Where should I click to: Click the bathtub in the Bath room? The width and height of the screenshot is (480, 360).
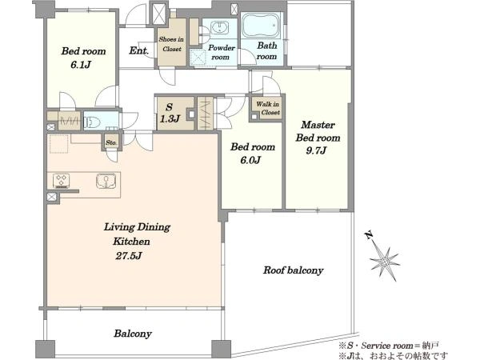[x=261, y=25]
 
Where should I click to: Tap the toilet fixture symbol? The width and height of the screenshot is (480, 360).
[x=92, y=122]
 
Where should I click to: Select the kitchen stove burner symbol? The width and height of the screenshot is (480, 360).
[x=62, y=181]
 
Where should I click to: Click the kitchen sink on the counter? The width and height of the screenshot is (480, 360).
[x=106, y=181]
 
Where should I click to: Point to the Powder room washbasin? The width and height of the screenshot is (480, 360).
[x=219, y=27]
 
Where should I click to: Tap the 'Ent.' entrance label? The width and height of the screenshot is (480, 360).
[x=138, y=50]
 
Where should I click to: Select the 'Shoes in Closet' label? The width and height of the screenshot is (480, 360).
[x=171, y=44]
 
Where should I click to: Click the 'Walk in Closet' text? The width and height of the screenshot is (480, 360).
[x=267, y=108]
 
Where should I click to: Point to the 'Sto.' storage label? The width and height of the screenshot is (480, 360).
[x=111, y=142]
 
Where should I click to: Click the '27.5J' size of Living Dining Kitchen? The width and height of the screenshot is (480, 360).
[x=129, y=256]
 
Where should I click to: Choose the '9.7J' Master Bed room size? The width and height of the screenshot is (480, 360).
[x=316, y=150]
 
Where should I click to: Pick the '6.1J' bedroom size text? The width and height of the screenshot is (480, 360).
[x=81, y=65]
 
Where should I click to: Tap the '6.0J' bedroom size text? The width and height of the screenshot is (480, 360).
[x=250, y=160]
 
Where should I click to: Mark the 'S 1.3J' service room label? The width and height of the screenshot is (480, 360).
[x=170, y=113]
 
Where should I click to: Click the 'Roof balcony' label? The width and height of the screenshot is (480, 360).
[x=294, y=270]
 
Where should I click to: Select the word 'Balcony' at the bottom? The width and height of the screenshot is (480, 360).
[x=133, y=334]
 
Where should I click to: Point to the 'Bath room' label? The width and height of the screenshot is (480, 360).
[x=267, y=51]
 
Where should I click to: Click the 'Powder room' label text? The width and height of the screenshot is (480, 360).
[x=222, y=52]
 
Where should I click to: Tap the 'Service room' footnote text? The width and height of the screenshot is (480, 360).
[x=387, y=346]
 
